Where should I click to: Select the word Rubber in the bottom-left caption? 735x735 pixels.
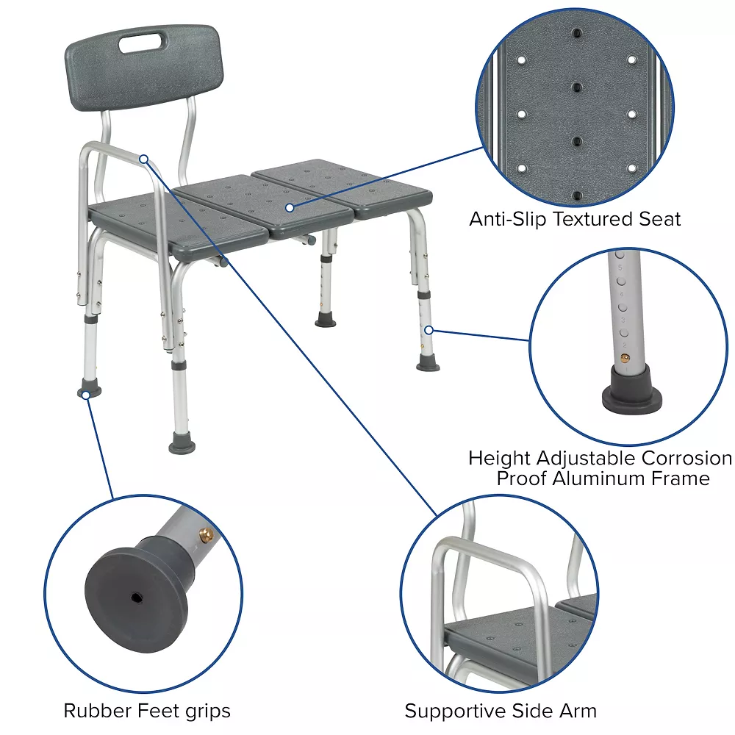pos(94,711)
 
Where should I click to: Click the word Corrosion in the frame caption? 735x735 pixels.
pos(687,458)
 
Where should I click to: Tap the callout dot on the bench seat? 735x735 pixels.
pos(290,208)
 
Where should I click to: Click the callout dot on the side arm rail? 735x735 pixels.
pos(144,159)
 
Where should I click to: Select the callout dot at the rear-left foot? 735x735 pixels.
pos(86,395)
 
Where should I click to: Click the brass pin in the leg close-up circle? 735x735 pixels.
pos(624,356)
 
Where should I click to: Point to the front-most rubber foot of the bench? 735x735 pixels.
pos(182,443)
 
